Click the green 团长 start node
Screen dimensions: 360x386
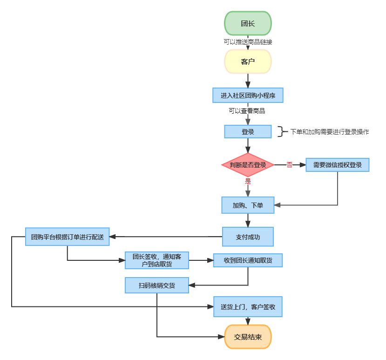pos(248,23)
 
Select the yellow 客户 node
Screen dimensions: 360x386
pos(248,61)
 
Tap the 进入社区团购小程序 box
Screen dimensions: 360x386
pos(248,95)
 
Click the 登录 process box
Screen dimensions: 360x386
pos(248,132)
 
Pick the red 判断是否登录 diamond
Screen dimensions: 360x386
pos(248,165)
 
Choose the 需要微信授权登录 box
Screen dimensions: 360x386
pos(337,165)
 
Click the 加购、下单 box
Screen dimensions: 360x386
pos(248,205)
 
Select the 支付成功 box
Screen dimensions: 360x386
pos(248,237)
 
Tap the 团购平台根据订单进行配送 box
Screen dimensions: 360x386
pos(67,237)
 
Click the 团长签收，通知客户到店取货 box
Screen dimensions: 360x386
pos(157,260)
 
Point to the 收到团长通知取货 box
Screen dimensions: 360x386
pos(248,260)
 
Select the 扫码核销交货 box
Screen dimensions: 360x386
pos(157,285)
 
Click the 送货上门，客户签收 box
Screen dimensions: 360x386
pos(248,307)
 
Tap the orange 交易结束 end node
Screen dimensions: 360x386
pos(248,337)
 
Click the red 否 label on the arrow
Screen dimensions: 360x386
pos(289,164)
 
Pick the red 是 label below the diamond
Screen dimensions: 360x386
pos(248,181)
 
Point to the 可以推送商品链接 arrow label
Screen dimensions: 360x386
pos(248,42)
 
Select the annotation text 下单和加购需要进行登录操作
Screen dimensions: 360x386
pos(330,132)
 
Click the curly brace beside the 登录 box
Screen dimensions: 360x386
pos(281,132)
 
